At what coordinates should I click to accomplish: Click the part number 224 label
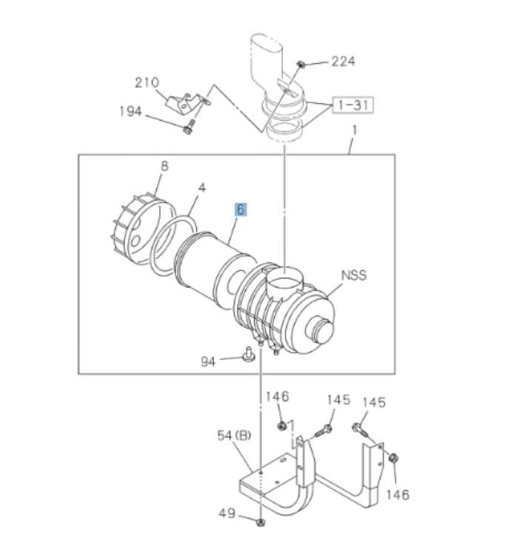click(x=342, y=61)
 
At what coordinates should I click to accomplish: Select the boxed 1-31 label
click(x=352, y=104)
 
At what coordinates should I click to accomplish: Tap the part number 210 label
click(x=147, y=81)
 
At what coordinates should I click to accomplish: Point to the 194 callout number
click(x=131, y=112)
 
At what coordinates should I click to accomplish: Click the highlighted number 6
click(x=241, y=209)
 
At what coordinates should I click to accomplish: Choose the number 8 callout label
click(x=164, y=167)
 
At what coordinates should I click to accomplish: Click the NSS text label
click(x=353, y=276)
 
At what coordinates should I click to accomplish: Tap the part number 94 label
click(x=210, y=362)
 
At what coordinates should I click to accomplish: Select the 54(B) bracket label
click(x=234, y=436)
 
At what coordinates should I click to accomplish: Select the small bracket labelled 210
click(x=184, y=103)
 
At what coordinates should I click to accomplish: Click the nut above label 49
click(x=261, y=523)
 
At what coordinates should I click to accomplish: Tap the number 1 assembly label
click(x=354, y=131)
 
